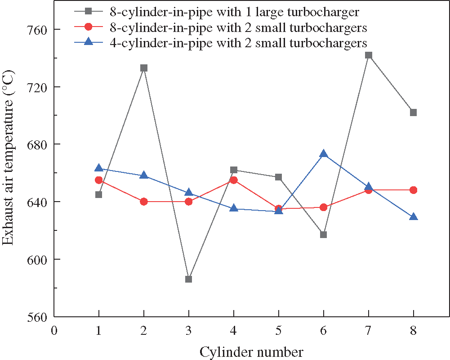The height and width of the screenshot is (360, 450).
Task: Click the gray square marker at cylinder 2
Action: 144,68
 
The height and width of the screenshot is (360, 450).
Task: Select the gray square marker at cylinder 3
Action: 189,279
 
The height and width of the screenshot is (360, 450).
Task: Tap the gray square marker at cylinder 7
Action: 369,55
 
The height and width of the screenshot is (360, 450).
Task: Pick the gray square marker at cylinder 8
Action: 413,112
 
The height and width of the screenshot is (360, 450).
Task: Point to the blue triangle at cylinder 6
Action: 323,154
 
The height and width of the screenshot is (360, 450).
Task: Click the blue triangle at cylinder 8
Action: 413,217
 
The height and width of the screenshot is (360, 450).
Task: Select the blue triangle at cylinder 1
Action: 99,168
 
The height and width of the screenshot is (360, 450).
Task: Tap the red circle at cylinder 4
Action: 234,180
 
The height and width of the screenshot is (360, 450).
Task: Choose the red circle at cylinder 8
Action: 413,190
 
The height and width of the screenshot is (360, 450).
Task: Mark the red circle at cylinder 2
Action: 144,202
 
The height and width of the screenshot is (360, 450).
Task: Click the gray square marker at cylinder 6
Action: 323,234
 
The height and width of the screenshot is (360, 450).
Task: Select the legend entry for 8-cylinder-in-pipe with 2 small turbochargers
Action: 238,27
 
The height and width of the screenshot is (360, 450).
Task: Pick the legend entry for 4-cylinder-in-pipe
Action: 238,43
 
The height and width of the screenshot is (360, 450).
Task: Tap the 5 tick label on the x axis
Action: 279,331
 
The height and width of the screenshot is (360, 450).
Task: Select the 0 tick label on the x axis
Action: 54,331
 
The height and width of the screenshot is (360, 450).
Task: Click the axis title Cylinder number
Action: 251,351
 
